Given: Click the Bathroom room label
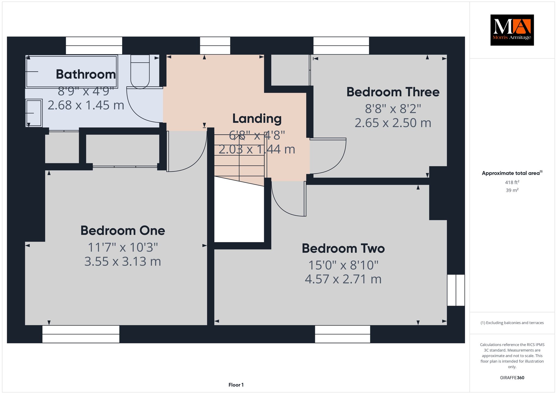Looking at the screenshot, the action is tap(86, 74).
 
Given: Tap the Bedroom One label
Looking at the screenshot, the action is tap(123, 230).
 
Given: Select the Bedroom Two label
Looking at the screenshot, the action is tap(343, 248).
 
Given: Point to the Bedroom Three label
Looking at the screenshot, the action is tap(393, 92).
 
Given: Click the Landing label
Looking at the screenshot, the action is tap(257, 119).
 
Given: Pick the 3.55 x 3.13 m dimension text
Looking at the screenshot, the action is tap(123, 261).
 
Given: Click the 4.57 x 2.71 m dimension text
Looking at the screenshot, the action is tap(343, 279).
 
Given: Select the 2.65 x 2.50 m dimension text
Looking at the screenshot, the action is tap(393, 123).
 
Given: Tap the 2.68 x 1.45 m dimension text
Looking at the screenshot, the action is tap(86, 105).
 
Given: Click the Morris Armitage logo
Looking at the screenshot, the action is tap(512, 30).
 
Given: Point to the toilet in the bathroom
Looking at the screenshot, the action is tap(140, 72).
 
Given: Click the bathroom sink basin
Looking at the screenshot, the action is tap(34, 113).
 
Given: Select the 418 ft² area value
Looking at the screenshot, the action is tap(512, 182).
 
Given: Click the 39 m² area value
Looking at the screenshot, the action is tap(512, 190).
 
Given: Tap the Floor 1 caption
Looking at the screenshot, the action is tap(236, 385).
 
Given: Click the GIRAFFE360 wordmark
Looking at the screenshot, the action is tap(512, 378).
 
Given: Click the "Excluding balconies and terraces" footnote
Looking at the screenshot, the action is tap(512, 323).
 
